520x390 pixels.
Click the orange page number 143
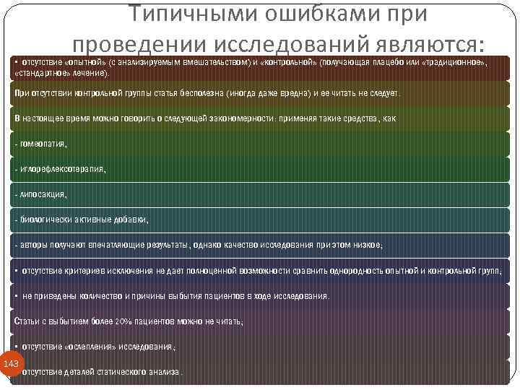[x=11, y=363]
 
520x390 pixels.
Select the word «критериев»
[x=83, y=271]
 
